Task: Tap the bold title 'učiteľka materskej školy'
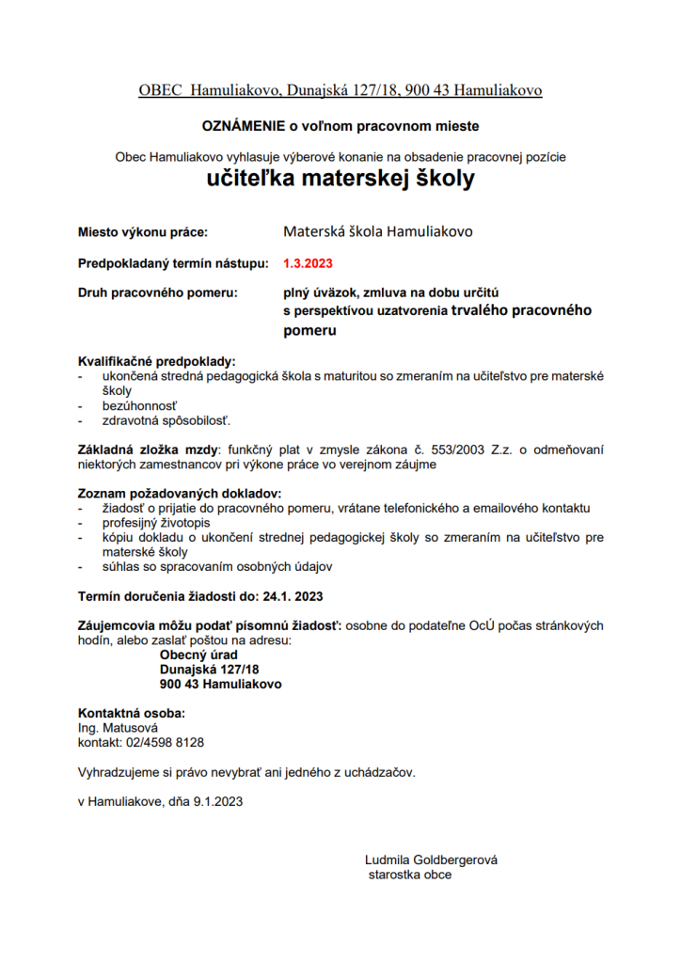340,179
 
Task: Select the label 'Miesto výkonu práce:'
142,231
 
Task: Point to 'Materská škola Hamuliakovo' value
377,231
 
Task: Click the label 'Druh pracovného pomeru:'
153,293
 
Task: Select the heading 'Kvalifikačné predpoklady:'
156,361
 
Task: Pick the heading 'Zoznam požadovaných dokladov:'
179,494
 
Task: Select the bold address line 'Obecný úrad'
198,655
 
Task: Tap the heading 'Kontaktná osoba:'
131,713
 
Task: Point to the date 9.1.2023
218,801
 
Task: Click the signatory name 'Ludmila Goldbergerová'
431,860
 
